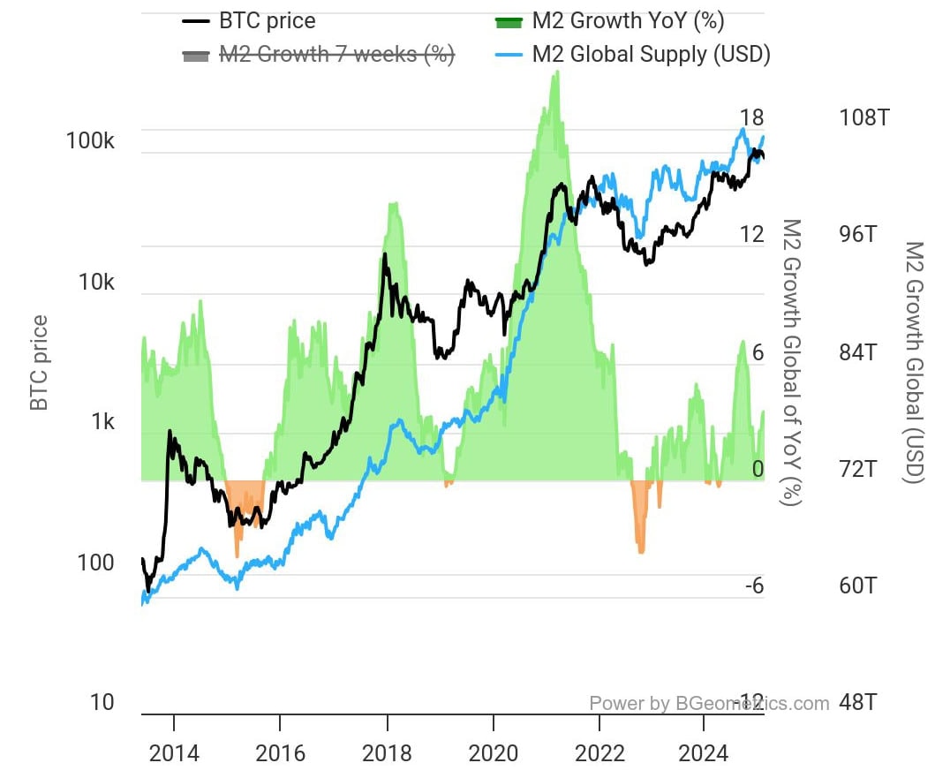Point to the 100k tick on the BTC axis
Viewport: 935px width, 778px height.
pos(90,141)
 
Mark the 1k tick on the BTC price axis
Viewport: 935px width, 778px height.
pos(102,422)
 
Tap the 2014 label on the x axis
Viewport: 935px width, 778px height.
pos(174,753)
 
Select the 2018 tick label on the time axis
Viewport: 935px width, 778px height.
pos(387,753)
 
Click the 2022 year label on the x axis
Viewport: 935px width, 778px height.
pos(599,753)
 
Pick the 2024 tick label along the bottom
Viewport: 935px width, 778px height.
pos(705,753)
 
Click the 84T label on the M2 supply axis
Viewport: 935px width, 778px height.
pos(858,352)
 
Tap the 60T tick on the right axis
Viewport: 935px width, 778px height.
pos(858,585)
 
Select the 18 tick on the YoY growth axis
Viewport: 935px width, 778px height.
pos(752,117)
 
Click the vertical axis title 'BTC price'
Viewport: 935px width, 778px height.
pos(39,362)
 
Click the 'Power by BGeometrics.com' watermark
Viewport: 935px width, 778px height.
pos(709,703)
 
